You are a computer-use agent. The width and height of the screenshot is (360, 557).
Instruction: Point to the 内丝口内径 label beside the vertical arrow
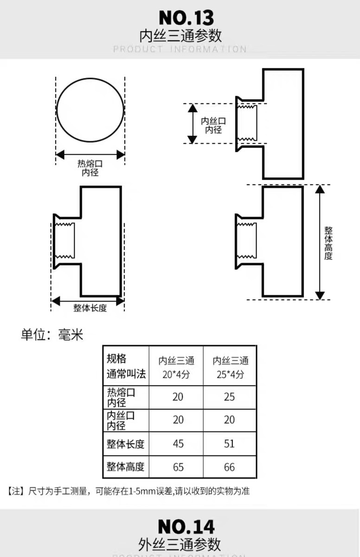[213, 125]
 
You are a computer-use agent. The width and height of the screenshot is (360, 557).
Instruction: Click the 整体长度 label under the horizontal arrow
[90, 308]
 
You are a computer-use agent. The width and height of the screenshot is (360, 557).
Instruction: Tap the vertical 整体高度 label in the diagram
[328, 243]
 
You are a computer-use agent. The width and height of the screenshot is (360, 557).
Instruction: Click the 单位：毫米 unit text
[52, 335]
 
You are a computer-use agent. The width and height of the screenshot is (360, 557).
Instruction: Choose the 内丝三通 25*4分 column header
[231, 368]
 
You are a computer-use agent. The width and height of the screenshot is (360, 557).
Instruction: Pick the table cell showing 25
[230, 397]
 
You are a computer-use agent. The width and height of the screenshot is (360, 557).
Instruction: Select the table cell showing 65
[178, 467]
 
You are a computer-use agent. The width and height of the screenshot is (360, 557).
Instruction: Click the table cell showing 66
[230, 467]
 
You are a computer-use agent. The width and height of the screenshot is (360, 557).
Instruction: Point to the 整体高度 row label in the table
[125, 467]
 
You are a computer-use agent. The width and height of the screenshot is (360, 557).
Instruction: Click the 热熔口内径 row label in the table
[122, 397]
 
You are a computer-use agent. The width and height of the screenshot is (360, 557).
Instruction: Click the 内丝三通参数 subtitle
[180, 36]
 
